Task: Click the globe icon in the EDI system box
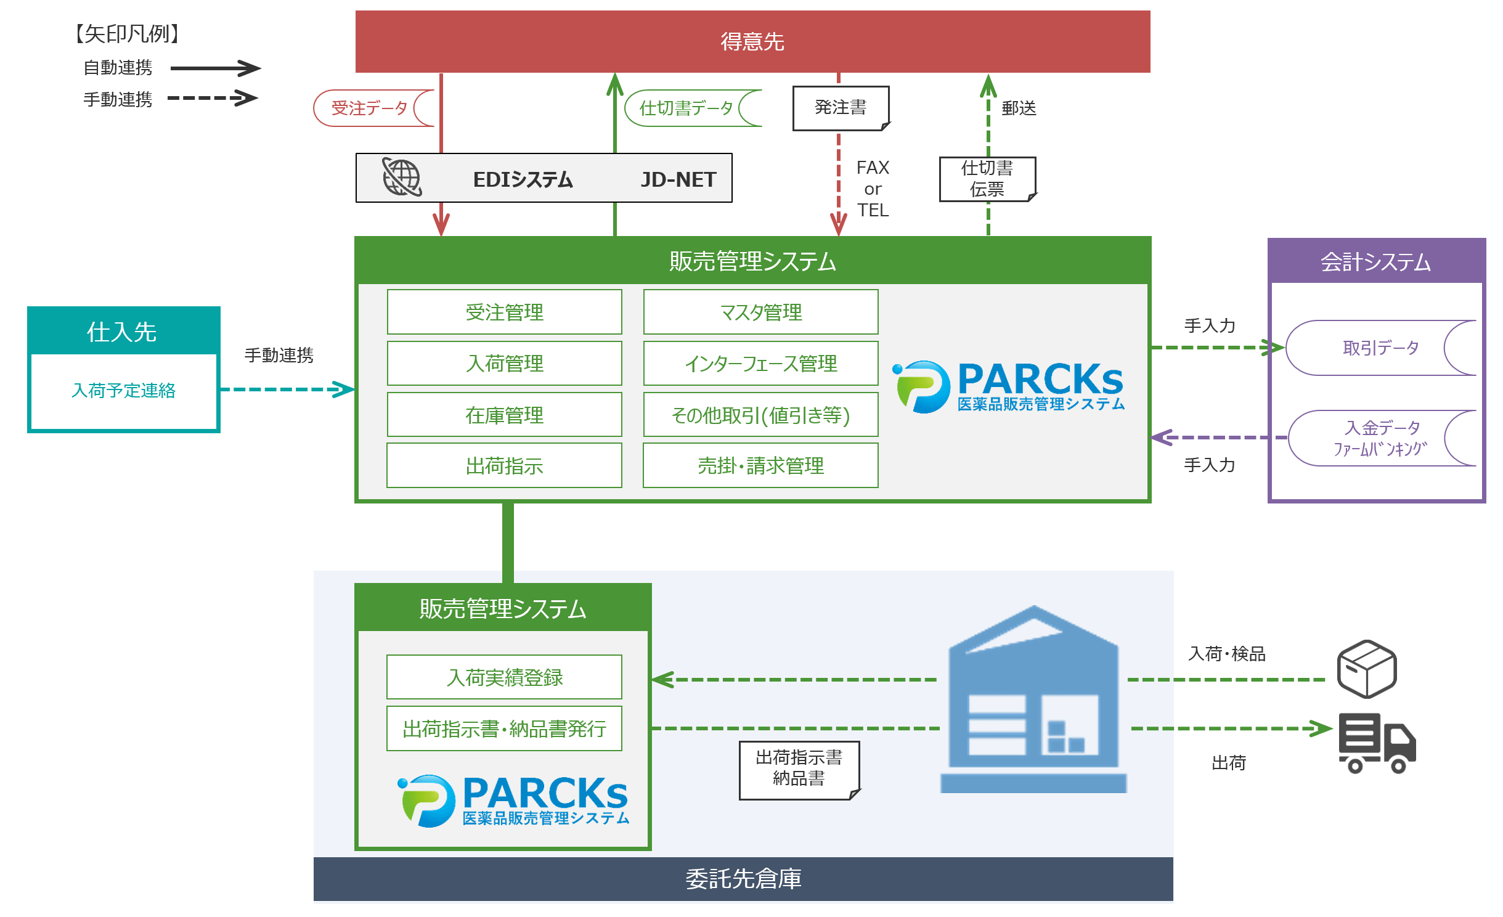click(x=402, y=177)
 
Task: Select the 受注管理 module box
click(x=504, y=312)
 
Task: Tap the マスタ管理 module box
click(x=760, y=312)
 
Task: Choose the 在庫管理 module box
click(x=504, y=415)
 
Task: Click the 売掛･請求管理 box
click(x=760, y=465)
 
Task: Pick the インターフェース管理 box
click(x=760, y=364)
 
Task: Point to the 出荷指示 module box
click(x=504, y=465)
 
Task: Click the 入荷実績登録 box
click(x=504, y=677)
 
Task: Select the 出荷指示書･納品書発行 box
click(x=504, y=728)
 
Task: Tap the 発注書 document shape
click(x=841, y=108)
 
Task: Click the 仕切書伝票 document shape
click(x=987, y=179)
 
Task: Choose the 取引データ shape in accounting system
click(x=1380, y=348)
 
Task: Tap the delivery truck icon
click(x=1377, y=743)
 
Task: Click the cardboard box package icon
click(x=1366, y=669)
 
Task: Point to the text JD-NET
click(x=678, y=179)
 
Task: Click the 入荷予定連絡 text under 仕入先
click(x=123, y=390)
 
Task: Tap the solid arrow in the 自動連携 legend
click(x=215, y=68)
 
